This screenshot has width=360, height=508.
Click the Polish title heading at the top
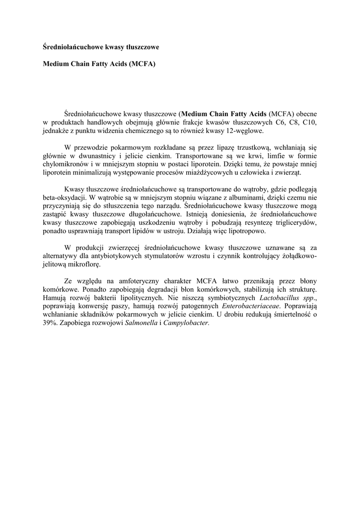(101, 47)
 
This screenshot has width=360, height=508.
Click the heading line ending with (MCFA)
(99, 64)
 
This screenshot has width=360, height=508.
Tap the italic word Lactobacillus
(281, 298)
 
